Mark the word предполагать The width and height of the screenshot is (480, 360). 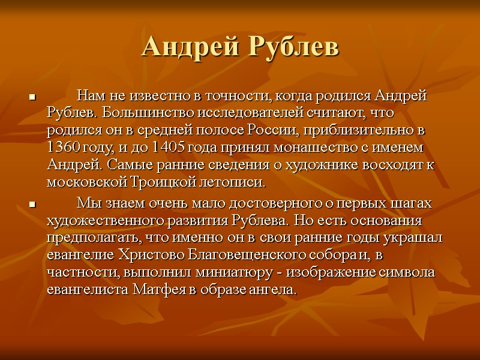pyautogui.click(x=92, y=238)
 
